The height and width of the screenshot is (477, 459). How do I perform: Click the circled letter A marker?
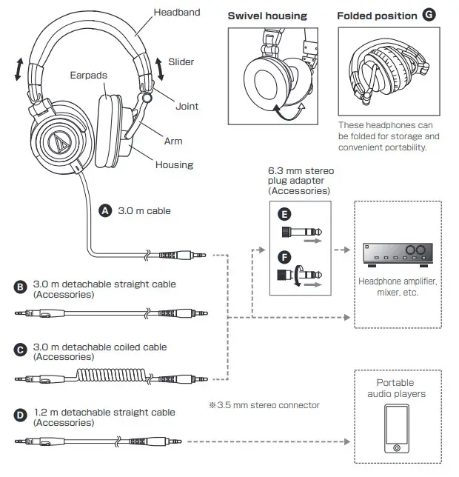[105, 210]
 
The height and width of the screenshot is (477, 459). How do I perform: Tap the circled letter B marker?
[20, 285]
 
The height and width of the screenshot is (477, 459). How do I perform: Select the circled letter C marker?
[20, 348]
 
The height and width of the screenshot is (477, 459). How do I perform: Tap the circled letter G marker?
[429, 15]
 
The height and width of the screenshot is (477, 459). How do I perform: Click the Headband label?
[176, 13]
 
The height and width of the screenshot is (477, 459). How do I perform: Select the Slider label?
[181, 62]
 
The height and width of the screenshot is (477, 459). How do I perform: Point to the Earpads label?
[89, 75]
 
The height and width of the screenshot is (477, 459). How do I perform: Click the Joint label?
[187, 106]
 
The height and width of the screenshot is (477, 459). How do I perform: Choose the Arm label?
[173, 141]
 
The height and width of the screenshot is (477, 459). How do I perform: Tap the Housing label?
[174, 164]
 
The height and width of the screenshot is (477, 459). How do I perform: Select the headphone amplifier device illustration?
[395, 254]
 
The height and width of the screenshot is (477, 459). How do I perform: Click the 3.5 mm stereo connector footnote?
[264, 405]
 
